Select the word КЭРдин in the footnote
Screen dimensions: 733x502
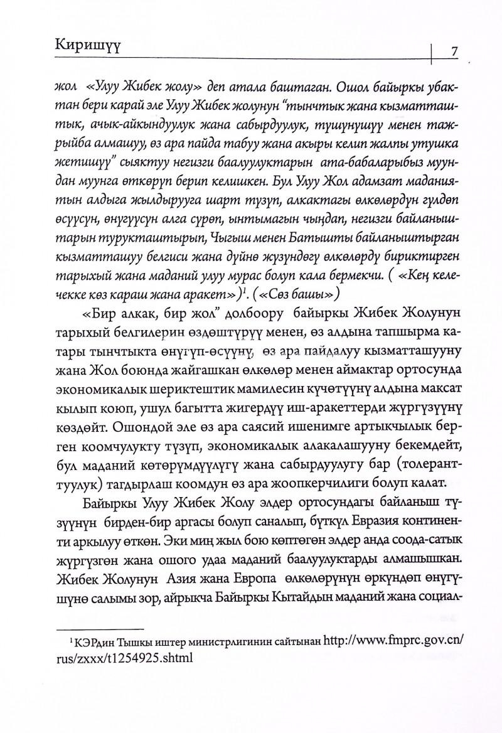[x=89, y=643]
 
